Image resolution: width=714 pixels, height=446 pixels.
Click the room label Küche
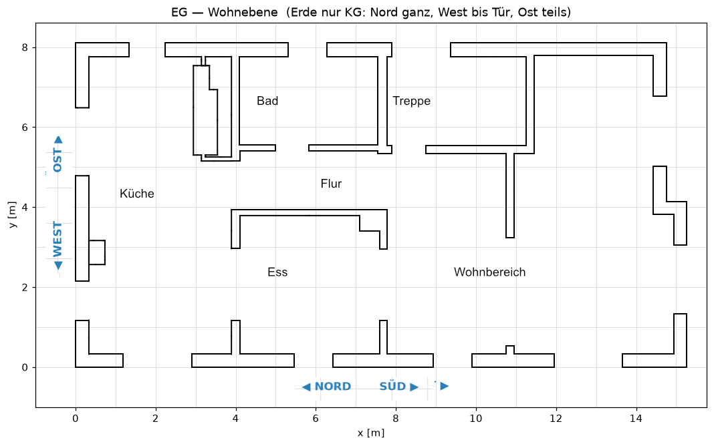coord(136,194)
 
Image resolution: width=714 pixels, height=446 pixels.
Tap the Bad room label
coord(267,101)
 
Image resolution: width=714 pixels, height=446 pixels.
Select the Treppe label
coord(412,101)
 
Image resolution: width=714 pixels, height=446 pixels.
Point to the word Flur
coord(331,184)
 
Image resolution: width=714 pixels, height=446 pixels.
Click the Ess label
coord(277,272)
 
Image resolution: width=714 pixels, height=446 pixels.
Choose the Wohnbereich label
coord(489,272)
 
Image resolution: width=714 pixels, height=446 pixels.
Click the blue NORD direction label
coord(333,387)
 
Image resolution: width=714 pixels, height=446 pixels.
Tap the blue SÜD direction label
coord(392,387)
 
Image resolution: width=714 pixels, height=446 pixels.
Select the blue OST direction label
coord(57,160)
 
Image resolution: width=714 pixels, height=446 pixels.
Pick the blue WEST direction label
coord(57,239)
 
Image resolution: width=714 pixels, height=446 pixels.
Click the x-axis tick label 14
coord(636,419)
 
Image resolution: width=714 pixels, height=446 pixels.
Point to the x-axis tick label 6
coord(316,419)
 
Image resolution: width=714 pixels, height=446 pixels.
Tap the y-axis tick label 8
coord(25,47)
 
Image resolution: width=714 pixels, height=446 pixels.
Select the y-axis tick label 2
coord(25,287)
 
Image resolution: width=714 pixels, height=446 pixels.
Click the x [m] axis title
coord(371,433)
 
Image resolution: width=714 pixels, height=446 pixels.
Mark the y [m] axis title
coord(12,214)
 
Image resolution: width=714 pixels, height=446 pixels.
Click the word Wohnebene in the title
coord(243,12)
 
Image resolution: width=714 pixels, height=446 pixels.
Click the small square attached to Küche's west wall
coord(97,252)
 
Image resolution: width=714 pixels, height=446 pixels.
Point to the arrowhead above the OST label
coord(58,140)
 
